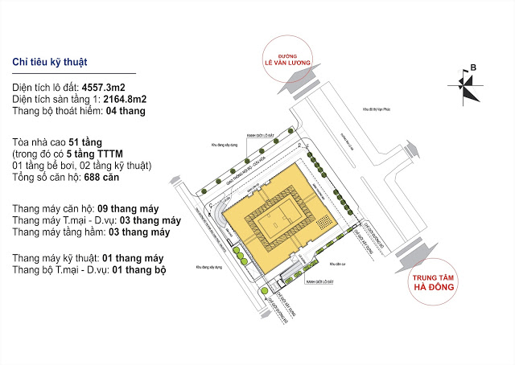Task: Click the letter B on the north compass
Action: click(473, 68)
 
